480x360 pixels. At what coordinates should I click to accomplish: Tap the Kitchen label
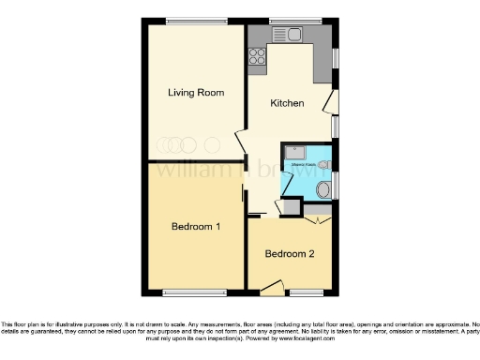click(x=287, y=103)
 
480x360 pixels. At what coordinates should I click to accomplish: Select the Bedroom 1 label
click(x=196, y=227)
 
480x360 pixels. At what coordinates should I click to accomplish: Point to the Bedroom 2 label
click(x=290, y=254)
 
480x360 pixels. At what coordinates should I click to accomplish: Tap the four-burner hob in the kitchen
click(x=256, y=56)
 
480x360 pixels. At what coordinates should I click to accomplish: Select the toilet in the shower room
click(x=323, y=189)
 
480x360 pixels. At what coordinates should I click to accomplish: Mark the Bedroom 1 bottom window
click(x=194, y=292)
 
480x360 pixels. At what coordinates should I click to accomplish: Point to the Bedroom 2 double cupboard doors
click(x=318, y=219)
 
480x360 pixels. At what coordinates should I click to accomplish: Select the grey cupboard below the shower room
click(x=291, y=207)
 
